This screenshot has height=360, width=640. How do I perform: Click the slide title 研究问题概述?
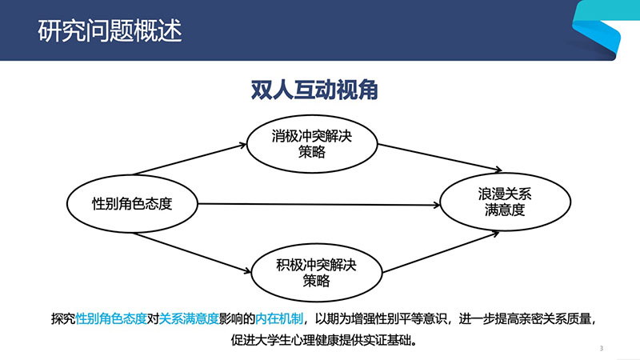(110, 30)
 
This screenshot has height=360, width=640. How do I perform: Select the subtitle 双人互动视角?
(314, 90)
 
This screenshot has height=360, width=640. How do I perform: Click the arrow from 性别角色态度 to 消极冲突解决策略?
(190, 159)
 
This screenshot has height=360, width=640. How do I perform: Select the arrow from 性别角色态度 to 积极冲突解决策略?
(192, 253)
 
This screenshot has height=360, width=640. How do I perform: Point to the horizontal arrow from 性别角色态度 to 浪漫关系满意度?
(318, 204)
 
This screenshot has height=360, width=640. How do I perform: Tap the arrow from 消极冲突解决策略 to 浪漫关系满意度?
(439, 157)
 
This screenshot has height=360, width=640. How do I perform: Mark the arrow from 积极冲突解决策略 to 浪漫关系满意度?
(441, 252)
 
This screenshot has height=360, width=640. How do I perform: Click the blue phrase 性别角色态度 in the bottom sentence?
(111, 318)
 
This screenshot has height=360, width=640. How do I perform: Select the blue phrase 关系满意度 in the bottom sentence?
(189, 318)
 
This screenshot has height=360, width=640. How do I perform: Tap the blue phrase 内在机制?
(279, 318)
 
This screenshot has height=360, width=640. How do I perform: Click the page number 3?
(602, 348)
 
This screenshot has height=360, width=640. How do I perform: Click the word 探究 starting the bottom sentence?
(63, 318)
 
